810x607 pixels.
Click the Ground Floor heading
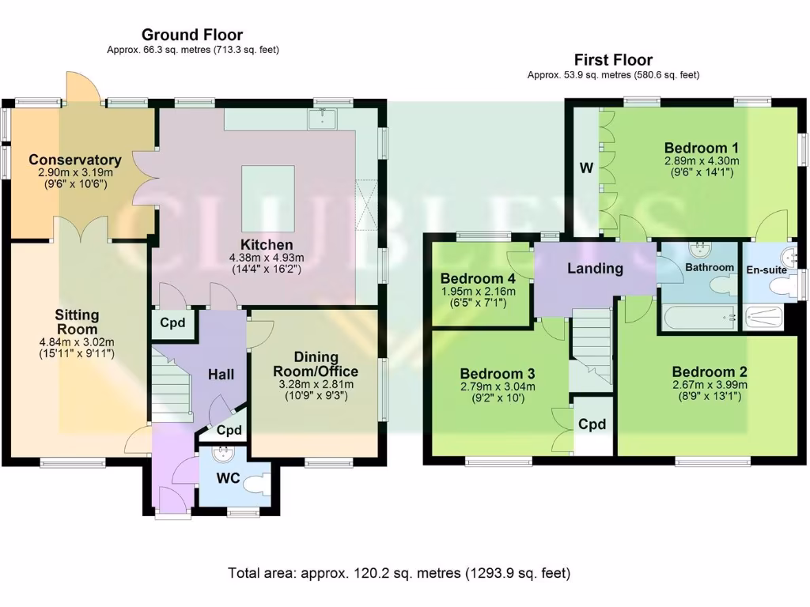click(x=192, y=35)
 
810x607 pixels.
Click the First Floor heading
click(x=613, y=60)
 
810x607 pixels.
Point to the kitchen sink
click(x=324, y=119)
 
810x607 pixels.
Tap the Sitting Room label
click(x=77, y=322)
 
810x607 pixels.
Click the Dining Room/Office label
click(x=316, y=364)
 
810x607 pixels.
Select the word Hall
click(x=221, y=374)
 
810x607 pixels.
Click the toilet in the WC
click(x=255, y=484)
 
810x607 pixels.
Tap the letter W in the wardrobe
click(x=586, y=168)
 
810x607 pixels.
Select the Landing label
click(x=595, y=269)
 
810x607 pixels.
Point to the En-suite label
click(x=767, y=270)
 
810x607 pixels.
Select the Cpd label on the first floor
click(x=592, y=424)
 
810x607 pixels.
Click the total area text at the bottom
click(x=399, y=573)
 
